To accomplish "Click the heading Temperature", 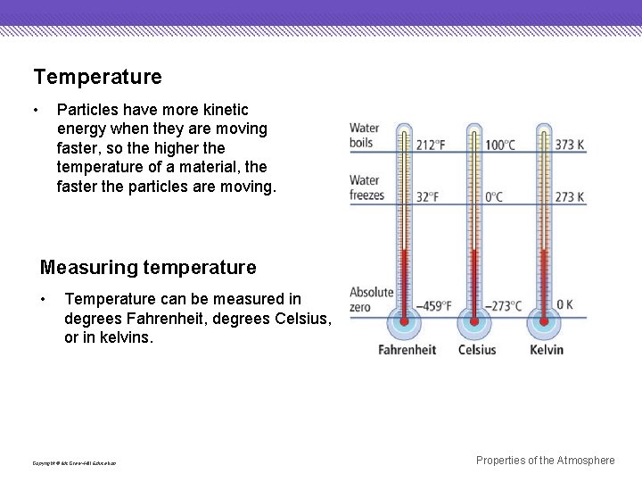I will pos(97,78).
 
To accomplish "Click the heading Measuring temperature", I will pos(148,268).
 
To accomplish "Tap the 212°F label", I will pos(430,145).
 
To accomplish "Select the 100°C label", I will pos(500,145).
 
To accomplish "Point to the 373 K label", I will pos(570,145).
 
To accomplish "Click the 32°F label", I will pos(427,197).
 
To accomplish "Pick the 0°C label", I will pos(494,197).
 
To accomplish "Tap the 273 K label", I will pos(570,197).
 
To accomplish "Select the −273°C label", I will pos(502,306).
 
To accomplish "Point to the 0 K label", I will pos(564,305).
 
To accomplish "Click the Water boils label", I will pos(365,136).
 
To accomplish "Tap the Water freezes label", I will pos(366,188).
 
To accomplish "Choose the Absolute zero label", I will pos(371,300).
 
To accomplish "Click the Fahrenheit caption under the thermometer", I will pos(407,350).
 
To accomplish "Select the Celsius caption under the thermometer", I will pos(477,350).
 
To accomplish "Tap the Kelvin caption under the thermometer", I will pos(546,350).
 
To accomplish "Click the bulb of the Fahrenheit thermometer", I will pos(405,322).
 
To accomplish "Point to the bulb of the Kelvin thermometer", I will pos(543,322).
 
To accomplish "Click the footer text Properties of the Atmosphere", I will pos(545,461).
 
